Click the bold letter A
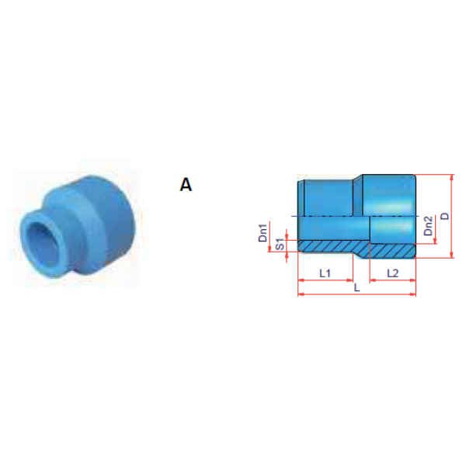(186, 185)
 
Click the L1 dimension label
(325, 273)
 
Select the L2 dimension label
(392, 273)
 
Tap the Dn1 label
(263, 233)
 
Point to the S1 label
(280, 244)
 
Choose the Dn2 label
(428, 226)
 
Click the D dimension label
(445, 216)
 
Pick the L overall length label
(357, 287)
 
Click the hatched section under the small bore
(333, 246)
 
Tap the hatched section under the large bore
(392, 251)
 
